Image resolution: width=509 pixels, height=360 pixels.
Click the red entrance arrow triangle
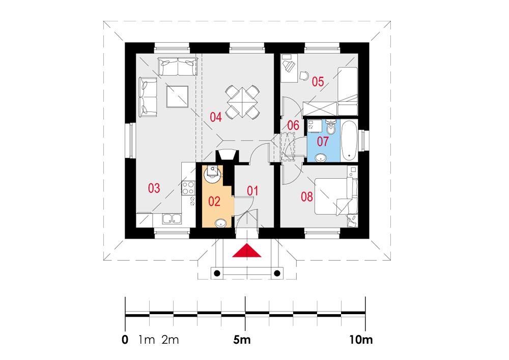tap(247, 251)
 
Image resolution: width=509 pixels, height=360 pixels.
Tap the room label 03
tap(154, 188)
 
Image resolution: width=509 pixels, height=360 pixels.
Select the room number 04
tap(215, 117)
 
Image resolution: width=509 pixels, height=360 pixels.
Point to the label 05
tap(318, 81)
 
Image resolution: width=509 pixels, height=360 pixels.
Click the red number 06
tap(293, 125)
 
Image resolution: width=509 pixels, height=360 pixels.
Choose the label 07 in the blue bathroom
tap(323, 142)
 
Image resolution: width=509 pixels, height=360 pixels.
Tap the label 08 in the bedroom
tap(307, 197)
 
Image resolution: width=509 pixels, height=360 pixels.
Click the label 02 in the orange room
tap(214, 201)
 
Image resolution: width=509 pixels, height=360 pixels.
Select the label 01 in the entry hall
tap(252, 191)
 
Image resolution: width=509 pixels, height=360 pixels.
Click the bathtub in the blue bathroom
tap(349, 141)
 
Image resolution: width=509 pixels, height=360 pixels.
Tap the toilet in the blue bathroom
tap(331, 127)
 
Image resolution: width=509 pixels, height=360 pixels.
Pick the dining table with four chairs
tap(242, 102)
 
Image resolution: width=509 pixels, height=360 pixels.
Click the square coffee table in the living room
tap(177, 96)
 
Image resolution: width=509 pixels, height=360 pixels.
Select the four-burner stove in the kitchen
tap(188, 188)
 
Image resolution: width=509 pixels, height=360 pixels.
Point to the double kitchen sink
tap(172, 219)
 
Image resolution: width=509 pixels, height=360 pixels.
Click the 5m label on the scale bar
tap(242, 340)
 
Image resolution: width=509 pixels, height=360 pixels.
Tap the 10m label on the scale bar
tap(361, 340)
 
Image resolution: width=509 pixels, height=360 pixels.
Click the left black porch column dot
tap(217, 273)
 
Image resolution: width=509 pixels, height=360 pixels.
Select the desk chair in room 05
tap(304, 75)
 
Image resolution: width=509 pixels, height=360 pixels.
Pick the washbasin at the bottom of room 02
tap(221, 224)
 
